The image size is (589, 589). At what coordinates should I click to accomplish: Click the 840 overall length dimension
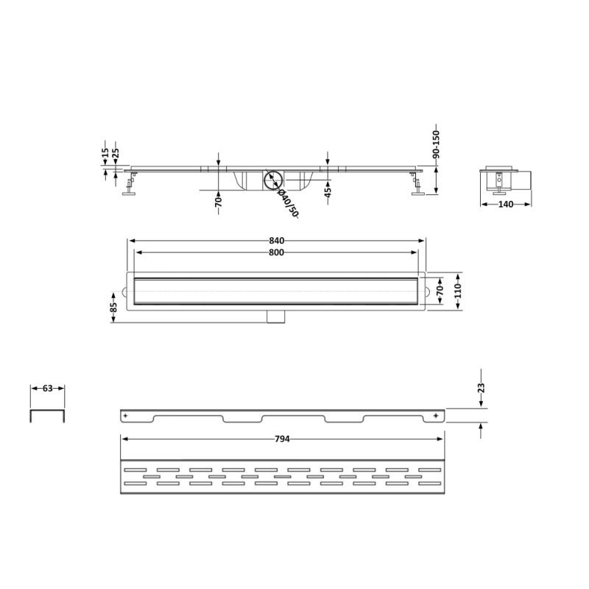277,241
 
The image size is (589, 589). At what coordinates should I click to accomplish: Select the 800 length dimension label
277,253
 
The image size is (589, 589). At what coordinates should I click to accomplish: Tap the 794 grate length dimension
282,439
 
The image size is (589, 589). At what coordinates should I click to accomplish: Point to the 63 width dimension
47,389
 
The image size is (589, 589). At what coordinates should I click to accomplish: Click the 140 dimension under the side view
506,205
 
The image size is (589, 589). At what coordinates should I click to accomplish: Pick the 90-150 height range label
436,144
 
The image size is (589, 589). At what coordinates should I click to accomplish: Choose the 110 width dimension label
458,292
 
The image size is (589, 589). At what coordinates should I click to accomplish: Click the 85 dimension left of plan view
114,307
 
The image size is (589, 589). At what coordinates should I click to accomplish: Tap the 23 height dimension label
482,388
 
